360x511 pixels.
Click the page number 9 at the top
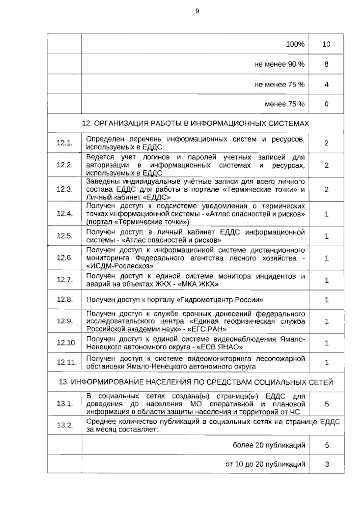point(197,11)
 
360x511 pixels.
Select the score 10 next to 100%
point(326,44)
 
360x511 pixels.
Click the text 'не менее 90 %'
point(279,64)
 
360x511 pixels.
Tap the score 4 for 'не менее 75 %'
point(326,85)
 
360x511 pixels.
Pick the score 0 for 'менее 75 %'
point(326,104)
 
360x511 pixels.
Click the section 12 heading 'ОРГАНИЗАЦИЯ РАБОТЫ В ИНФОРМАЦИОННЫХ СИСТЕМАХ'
point(195,123)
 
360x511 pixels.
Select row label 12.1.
point(65,143)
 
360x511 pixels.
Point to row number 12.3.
point(65,189)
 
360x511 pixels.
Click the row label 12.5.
point(65,236)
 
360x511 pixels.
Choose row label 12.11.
point(67,362)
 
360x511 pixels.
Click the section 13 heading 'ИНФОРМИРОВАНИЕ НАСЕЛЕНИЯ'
point(195,382)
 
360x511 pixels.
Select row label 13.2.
point(65,425)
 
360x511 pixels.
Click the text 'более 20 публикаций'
point(269,445)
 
